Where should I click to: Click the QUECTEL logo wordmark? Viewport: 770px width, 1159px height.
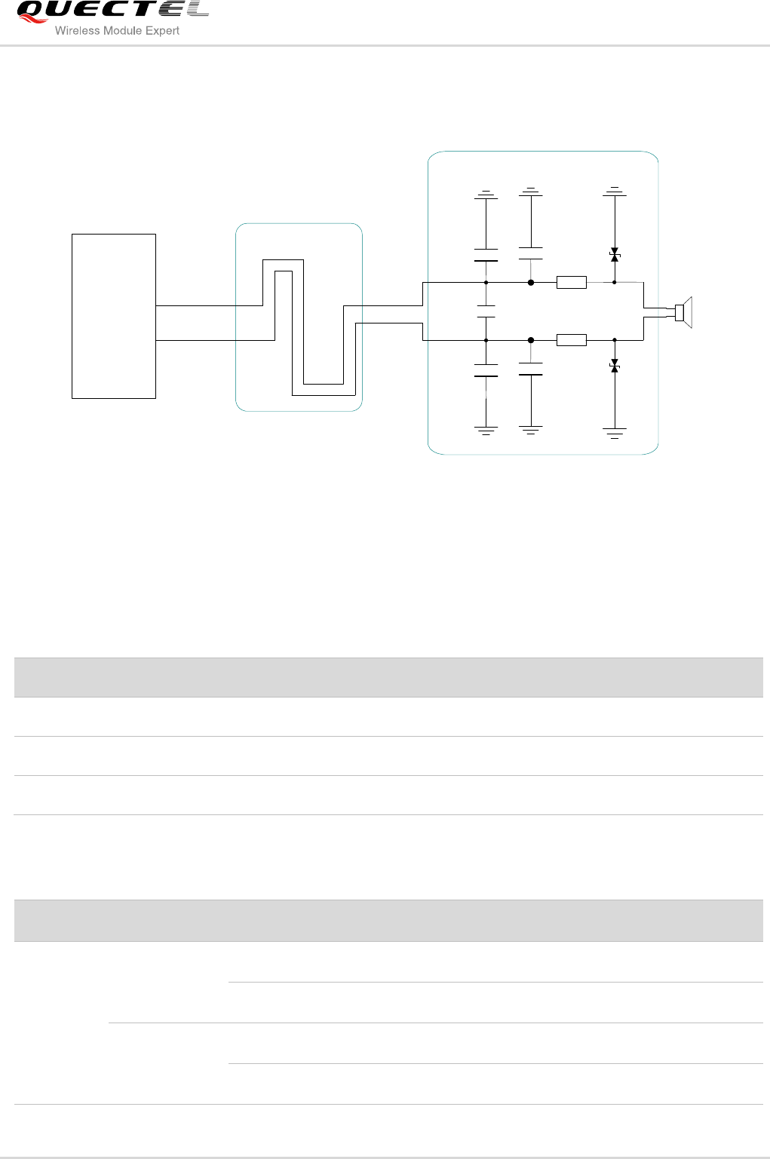(113, 11)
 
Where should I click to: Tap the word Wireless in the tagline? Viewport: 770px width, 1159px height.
(72, 31)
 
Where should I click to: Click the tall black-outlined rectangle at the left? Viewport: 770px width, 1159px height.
(114, 316)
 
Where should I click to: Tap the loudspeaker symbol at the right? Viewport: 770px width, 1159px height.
(683, 311)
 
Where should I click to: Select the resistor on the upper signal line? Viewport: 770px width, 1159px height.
(572, 283)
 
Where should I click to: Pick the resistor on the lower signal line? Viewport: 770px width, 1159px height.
(572, 340)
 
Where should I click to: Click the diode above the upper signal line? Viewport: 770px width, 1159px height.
(615, 255)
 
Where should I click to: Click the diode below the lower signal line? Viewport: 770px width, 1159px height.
(615, 366)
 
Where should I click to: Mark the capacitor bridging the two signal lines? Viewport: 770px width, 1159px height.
(486, 311)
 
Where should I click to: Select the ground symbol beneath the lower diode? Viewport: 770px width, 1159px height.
(615, 433)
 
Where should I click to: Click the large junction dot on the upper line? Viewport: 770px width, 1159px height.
(531, 283)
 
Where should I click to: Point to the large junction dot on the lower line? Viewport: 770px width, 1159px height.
(531, 340)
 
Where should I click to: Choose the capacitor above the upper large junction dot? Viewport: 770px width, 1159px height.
(531, 253)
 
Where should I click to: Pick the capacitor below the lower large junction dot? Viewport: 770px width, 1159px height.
(531, 369)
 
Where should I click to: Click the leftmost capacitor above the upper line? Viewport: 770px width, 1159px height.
(486, 255)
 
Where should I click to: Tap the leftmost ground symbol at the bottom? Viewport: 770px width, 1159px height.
(486, 431)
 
